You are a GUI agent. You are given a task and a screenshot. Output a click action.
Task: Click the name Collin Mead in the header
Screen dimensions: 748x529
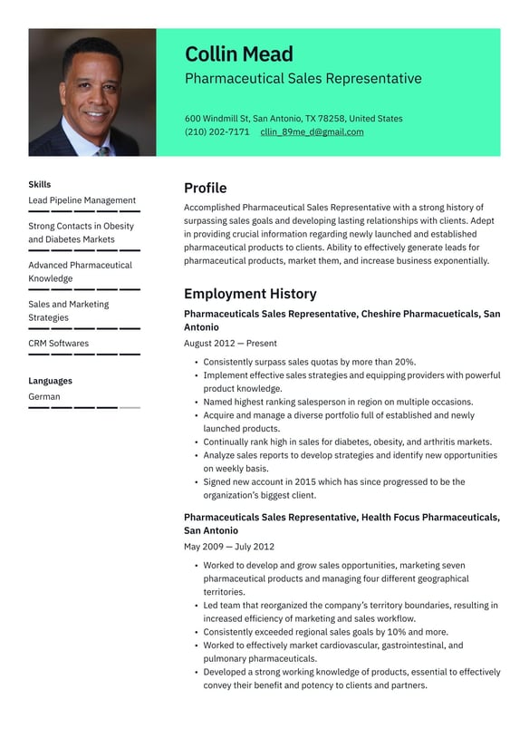pos(239,53)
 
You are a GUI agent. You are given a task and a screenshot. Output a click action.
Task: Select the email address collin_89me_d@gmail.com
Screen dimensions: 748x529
pos(312,131)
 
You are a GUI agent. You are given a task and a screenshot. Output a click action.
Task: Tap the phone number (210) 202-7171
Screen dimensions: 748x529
pos(217,131)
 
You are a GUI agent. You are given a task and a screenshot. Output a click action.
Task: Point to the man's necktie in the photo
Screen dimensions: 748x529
pos(102,151)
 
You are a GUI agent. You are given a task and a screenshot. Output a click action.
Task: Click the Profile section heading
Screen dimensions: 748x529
pos(205,188)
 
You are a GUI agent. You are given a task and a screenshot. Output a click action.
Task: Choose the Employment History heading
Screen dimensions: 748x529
pos(250,294)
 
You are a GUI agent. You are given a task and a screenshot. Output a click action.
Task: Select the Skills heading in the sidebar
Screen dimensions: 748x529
pos(40,184)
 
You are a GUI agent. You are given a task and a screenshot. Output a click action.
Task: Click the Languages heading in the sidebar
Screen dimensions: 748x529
pos(50,381)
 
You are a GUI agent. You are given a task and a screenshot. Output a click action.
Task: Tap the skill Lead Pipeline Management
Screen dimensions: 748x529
pos(82,200)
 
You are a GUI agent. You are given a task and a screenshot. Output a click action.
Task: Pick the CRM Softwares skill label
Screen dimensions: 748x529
pos(58,344)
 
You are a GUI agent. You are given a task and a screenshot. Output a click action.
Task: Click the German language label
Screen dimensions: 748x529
pos(44,396)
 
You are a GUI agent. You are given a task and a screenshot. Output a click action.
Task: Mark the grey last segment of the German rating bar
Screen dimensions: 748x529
pos(130,408)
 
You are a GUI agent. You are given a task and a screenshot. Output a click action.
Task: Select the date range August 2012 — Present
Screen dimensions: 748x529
pos(230,344)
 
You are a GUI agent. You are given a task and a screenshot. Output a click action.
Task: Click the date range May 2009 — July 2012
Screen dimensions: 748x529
pos(228,547)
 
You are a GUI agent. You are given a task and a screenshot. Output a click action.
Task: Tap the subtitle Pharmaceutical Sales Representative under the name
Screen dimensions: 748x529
pos(303,79)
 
